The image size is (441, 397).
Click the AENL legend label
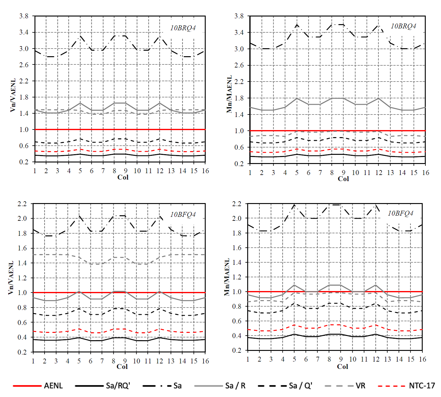[53, 386]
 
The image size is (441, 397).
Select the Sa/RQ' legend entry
[118, 386]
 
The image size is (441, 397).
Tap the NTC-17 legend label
[422, 386]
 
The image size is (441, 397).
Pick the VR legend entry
[360, 386]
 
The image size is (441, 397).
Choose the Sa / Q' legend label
[301, 386]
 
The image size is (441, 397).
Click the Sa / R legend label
[235, 386]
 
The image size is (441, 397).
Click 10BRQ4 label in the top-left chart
[183, 28]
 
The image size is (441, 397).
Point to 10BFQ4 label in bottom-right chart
[400, 213]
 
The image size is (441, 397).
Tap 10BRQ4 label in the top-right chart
[403, 26]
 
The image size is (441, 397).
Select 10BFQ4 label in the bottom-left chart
[183, 214]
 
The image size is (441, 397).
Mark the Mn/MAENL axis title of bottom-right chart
[227, 277]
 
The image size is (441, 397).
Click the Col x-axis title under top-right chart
[343, 179]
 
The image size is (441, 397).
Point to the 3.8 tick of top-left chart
[24, 16]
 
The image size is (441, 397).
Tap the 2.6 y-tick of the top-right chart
[239, 65]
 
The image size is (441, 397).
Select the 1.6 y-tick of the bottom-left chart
[23, 248]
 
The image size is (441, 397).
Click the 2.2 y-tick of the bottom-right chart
[237, 204]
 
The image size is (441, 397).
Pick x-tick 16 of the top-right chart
[425, 173]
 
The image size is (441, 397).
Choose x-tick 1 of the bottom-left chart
[33, 361]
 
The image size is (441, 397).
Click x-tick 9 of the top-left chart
[126, 171]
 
